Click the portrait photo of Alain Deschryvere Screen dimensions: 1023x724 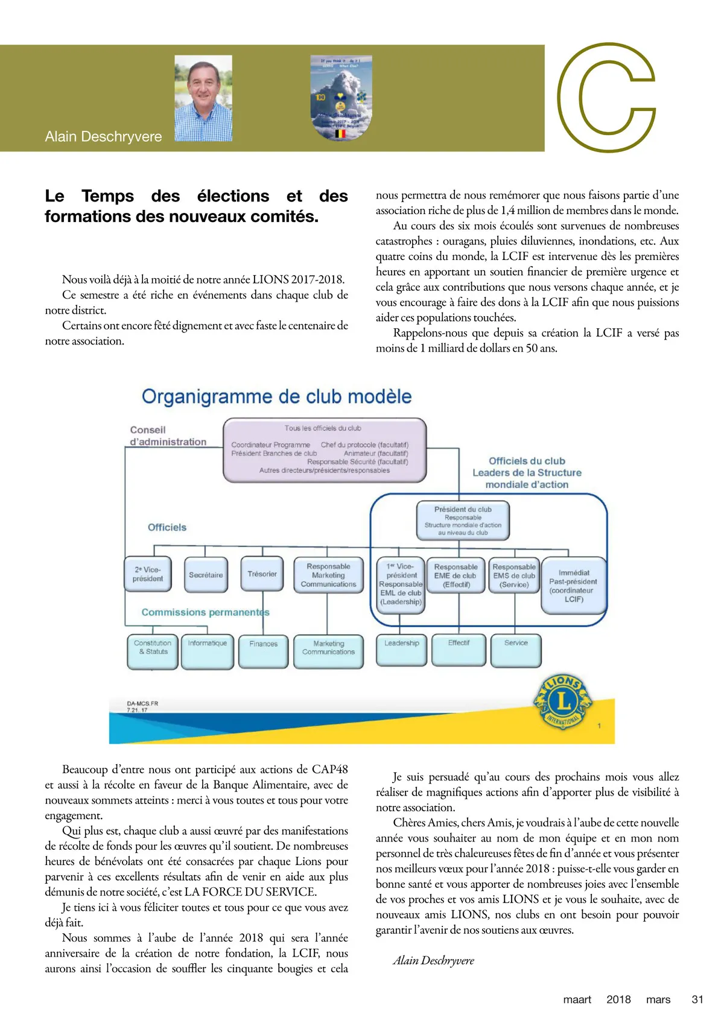(203, 98)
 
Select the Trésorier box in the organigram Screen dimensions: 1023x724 (262, 574)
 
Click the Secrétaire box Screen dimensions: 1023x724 (206, 575)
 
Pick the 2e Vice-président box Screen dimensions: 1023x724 (148, 574)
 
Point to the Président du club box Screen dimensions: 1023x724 (463, 521)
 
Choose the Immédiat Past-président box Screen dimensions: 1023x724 (573, 586)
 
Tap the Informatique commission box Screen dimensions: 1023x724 (207, 650)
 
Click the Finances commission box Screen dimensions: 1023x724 (263, 650)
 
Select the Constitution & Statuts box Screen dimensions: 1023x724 (153, 650)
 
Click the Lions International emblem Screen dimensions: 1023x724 (562, 702)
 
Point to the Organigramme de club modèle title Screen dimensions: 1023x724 (276, 397)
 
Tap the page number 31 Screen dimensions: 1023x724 (697, 999)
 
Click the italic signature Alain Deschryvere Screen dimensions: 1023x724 (433, 960)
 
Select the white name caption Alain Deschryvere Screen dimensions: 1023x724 (103, 137)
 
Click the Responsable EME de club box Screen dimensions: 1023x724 (456, 575)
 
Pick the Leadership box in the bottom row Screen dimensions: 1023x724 (401, 650)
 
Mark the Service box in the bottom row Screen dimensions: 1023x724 (516, 650)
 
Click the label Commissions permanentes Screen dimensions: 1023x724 (205, 612)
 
